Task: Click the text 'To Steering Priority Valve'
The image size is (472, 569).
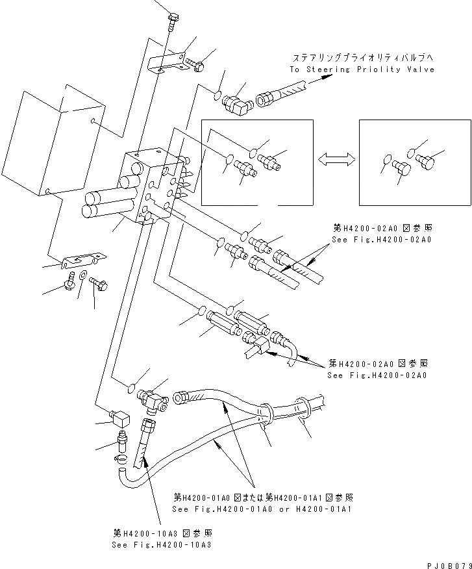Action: pyautogui.click(x=362, y=70)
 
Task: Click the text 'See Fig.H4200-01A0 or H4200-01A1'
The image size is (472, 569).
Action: pyautogui.click(x=263, y=509)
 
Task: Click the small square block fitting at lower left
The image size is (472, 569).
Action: pyautogui.click(x=119, y=415)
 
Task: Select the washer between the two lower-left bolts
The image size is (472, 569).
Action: pyautogui.click(x=82, y=279)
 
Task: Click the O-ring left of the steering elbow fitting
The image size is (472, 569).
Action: pyautogui.click(x=216, y=97)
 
